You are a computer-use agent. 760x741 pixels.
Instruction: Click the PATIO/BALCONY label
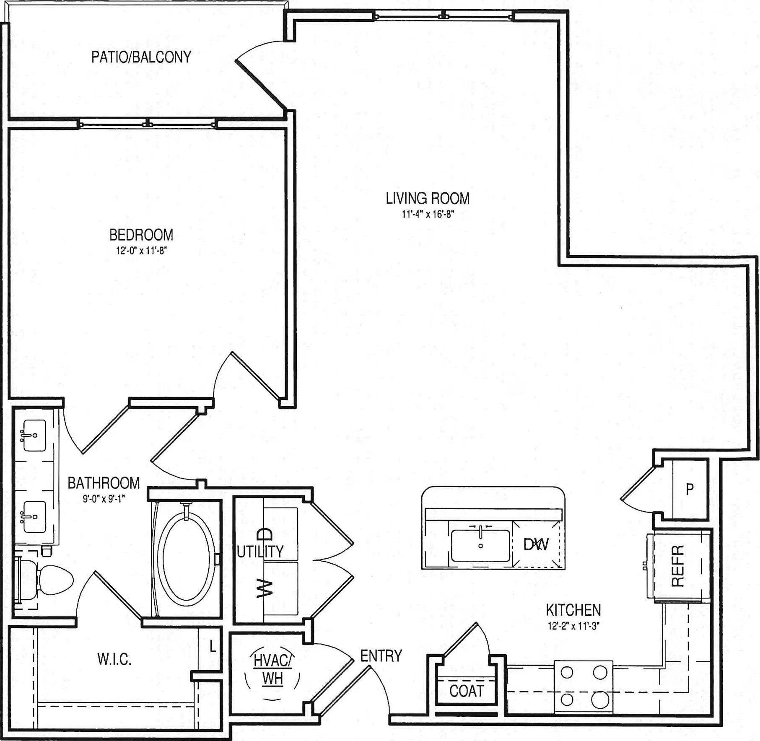tap(141, 57)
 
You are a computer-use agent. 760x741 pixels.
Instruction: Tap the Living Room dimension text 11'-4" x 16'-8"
tap(428, 214)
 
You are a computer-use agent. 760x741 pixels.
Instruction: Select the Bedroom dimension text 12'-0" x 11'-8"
tap(141, 251)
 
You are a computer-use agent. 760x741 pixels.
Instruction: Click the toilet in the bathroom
tap(44, 580)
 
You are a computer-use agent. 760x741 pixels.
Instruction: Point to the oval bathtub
tap(186, 557)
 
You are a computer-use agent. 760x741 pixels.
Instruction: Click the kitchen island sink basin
tap(481, 545)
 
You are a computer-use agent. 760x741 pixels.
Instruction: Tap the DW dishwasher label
tap(536, 544)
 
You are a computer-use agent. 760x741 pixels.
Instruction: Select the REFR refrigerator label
tap(678, 565)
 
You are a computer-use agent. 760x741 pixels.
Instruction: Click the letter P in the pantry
tap(690, 489)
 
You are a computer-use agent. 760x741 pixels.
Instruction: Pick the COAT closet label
tap(466, 691)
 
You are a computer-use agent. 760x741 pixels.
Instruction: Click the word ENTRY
tap(381, 656)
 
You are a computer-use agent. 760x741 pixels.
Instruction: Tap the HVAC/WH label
tap(272, 669)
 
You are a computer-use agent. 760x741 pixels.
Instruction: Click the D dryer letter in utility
tap(265, 534)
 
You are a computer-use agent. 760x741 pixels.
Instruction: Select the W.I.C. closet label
tap(114, 660)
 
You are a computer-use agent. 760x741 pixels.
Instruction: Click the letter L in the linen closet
tap(213, 646)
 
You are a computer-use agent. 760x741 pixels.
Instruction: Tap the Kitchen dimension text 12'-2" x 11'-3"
tap(573, 626)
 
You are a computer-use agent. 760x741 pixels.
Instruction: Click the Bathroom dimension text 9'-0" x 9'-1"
tap(104, 499)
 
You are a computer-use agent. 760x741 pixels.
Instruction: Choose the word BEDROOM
tap(141, 235)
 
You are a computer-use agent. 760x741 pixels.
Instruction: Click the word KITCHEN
tap(573, 610)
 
